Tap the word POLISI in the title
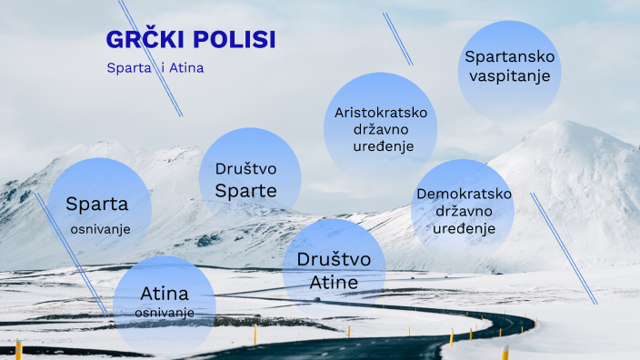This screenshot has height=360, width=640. [x=235, y=39]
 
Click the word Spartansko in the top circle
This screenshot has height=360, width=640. [x=509, y=57]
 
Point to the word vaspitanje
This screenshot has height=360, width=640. [x=509, y=75]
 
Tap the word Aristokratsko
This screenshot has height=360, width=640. [x=380, y=113]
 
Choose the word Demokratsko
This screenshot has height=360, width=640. [x=464, y=195]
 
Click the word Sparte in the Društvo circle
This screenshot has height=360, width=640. [x=245, y=190]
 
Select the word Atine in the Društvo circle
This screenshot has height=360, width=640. [x=334, y=283]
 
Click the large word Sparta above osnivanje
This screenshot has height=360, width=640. [x=97, y=204]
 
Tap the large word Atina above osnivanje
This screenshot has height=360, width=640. [x=165, y=294]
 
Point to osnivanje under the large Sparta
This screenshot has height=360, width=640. [x=100, y=228]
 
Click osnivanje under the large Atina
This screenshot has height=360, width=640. [x=165, y=313]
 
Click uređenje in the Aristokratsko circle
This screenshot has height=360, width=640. [x=381, y=146]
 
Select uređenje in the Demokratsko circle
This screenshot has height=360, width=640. [x=464, y=228]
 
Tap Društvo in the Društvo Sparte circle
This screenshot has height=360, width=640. [x=245, y=169]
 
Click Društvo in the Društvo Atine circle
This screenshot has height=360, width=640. [x=334, y=260]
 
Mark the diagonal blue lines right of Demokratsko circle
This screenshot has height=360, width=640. [x=564, y=247]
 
